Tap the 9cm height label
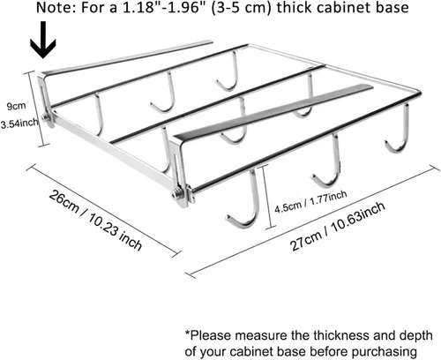17,106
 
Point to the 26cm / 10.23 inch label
95,221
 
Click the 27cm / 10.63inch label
338,226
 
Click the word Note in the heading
56,7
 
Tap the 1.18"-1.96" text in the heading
160,7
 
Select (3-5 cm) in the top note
236,8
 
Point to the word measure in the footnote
262,335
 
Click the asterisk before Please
187,334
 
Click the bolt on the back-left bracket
46,118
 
